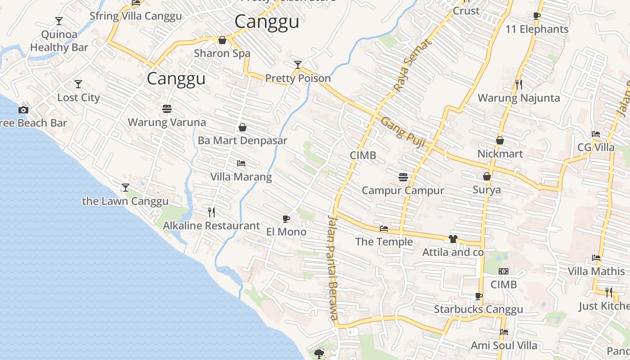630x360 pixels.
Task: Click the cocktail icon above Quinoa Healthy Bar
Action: [x=58, y=21]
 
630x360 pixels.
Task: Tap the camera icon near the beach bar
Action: [x=23, y=110]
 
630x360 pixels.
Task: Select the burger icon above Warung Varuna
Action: [x=167, y=108]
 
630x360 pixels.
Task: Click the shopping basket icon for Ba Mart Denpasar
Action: [x=243, y=127]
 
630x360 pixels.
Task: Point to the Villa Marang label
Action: [x=241, y=177]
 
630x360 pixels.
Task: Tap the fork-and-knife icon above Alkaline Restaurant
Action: [x=211, y=212]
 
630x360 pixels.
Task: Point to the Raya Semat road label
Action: [x=412, y=65]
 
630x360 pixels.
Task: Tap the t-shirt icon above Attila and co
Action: [x=453, y=239]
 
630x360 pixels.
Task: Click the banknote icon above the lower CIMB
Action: [x=504, y=271]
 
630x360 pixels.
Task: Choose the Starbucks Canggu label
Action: [x=478, y=310]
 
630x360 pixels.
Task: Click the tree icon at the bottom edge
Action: [x=319, y=354]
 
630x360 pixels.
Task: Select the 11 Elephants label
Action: [x=537, y=29]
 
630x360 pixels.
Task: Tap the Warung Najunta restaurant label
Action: [x=519, y=98]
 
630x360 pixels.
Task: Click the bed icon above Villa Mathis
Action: [x=596, y=258]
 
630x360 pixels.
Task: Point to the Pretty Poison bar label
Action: [x=298, y=78]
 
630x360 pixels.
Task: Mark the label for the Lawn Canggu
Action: [x=125, y=201]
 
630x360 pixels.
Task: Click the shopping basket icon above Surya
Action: [x=486, y=176]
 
